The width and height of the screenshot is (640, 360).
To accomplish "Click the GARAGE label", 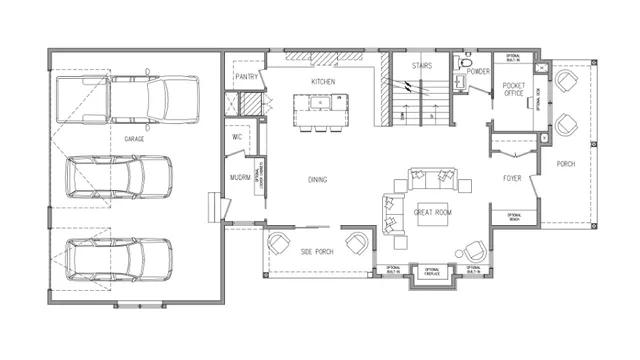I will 133,139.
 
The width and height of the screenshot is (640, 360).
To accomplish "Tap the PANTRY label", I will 247,76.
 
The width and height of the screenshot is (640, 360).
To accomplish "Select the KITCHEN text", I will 322,80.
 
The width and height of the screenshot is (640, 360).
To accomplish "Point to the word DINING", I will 319,180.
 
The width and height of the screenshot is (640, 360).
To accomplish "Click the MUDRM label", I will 240,177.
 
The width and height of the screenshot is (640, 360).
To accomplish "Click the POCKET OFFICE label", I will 514,90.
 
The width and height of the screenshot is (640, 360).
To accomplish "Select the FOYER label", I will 513,179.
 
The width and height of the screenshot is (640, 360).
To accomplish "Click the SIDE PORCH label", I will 317,252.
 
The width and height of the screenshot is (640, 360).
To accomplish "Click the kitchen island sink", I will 321,101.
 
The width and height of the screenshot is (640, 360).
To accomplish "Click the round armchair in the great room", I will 471,250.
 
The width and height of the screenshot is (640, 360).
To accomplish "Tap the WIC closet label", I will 239,137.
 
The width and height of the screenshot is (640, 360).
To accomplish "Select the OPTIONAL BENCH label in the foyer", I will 514,216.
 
